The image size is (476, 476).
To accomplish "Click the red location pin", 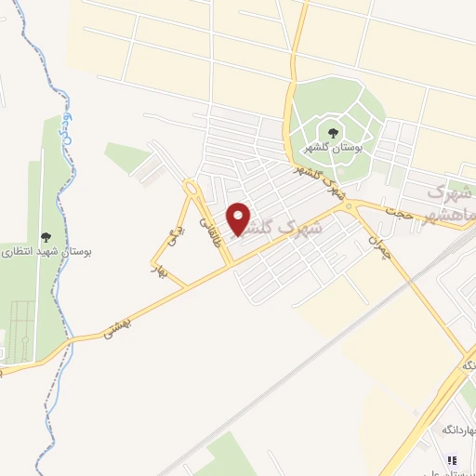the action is pyautogui.click(x=241, y=218).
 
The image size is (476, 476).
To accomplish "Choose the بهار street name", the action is pyautogui.click(x=159, y=271).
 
